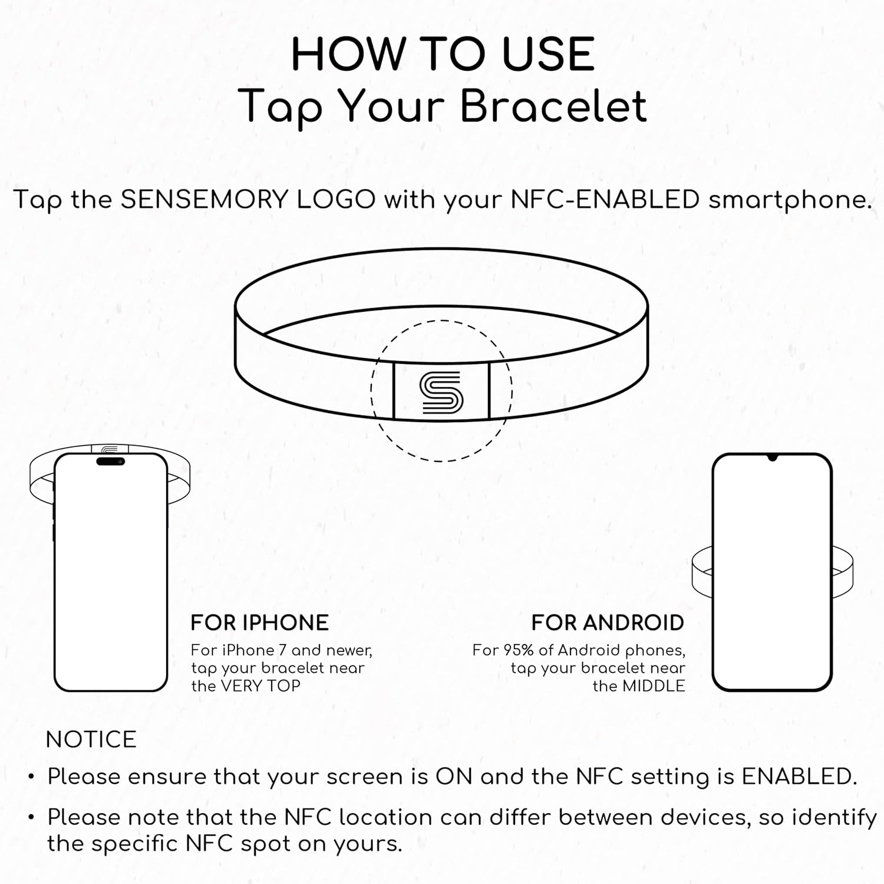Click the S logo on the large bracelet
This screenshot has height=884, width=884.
[441, 392]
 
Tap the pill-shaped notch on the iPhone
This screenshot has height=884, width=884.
[110, 461]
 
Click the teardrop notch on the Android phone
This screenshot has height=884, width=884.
[772, 457]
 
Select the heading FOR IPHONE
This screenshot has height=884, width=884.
[259, 623]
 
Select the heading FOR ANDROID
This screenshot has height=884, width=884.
[608, 623]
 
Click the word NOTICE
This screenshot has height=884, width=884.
[91, 740]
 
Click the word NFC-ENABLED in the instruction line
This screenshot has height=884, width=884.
[605, 200]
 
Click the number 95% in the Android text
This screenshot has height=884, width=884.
[518, 650]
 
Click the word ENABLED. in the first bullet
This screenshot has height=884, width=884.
[799, 777]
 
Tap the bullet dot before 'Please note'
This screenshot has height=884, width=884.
[31, 818]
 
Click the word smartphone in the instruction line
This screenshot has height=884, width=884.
[790, 201]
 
